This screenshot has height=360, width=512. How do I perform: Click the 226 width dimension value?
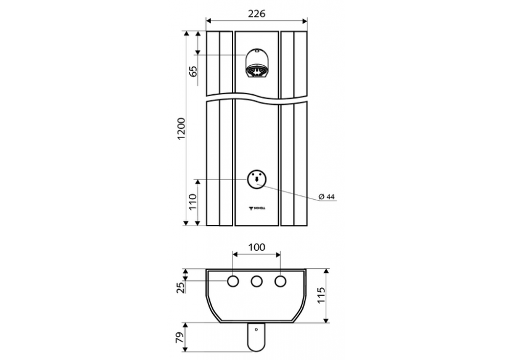click(257, 14)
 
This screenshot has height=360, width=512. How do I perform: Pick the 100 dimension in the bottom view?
click(257, 247)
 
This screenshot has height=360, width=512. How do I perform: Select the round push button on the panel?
click(257, 179)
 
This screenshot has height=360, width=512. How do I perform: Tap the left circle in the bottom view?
click(233, 282)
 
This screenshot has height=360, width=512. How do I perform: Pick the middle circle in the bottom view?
click(257, 282)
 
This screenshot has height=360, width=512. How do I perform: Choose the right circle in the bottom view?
click(280, 282)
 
